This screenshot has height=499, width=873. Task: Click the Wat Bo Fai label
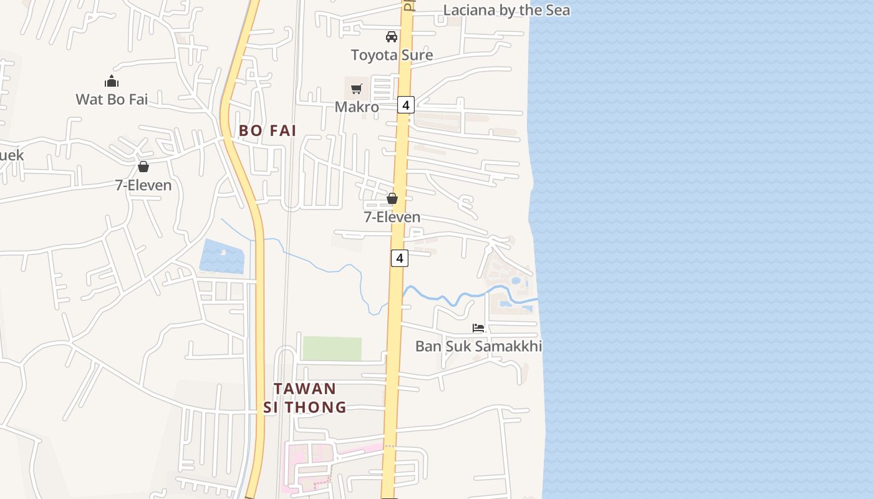point(112,99)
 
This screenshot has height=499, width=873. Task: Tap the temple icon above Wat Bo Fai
point(112,81)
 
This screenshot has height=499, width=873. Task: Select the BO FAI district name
point(268,131)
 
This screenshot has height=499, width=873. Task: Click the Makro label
point(357,107)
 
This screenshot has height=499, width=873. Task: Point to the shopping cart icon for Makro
point(356,89)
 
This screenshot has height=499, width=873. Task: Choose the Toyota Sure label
point(392,55)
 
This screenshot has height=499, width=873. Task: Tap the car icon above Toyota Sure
point(392,37)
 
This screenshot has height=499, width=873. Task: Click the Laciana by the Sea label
point(506,10)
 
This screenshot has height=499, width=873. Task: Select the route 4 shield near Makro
point(406,105)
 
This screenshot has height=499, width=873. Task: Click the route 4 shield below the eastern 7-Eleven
point(400,258)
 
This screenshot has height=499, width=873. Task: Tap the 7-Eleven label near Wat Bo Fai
point(143,185)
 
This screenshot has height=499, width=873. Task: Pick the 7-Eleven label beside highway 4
point(392,217)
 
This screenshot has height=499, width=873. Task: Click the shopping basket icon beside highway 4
point(392,198)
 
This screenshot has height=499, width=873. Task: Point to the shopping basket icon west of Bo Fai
point(143,167)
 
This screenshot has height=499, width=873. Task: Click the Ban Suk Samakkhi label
point(478,346)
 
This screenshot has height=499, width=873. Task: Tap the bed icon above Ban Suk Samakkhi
point(478,327)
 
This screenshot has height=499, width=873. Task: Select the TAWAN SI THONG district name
point(305,398)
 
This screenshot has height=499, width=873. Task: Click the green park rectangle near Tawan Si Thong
point(332,349)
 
